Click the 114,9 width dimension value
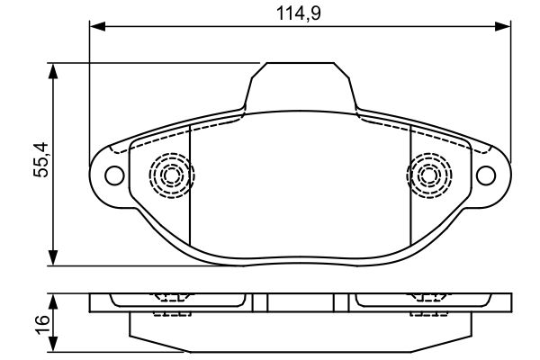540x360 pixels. point(298,13)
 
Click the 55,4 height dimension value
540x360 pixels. point(41,160)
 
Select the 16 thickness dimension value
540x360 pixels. point(42,324)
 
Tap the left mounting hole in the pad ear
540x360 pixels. point(114,175)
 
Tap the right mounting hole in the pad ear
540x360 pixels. point(486,175)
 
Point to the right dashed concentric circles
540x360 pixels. point(429,175)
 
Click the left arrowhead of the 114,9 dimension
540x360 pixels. point(97,26)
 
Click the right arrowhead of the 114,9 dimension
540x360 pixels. point(502,26)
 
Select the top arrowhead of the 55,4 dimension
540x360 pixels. point(53,71)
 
